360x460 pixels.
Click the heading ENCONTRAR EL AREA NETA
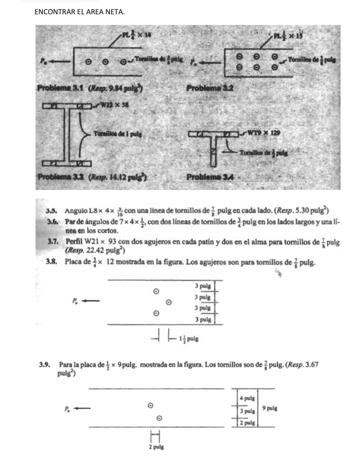pos(79,12)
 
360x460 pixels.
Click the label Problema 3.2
pos(210,88)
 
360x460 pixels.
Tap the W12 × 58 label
pos(114,105)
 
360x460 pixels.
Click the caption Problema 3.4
pos(210,177)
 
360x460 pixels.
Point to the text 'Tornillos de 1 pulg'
pos(118,134)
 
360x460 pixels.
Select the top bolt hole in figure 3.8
pos(156,291)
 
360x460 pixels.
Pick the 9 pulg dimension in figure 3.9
pos(270,408)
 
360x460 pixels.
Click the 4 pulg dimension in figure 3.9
pos(247,398)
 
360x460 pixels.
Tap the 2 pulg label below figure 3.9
pos(156,447)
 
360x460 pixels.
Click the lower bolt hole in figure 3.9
pos(159,418)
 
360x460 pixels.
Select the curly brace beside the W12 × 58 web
pos(82,134)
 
